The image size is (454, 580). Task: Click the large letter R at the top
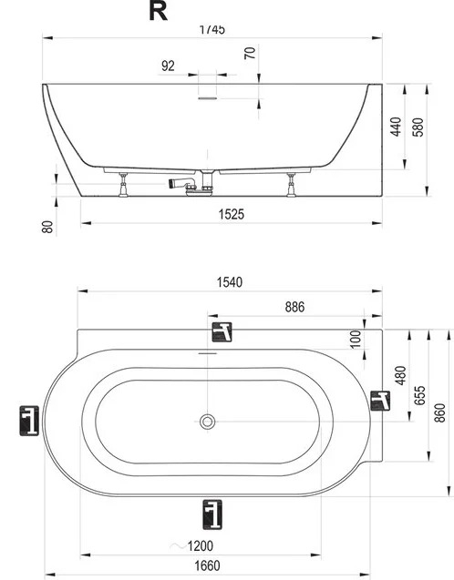pyautogui.click(x=158, y=11)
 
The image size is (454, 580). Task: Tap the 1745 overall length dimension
pyautogui.click(x=212, y=29)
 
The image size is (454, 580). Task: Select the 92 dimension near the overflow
pyautogui.click(x=168, y=66)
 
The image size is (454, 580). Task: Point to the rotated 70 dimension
pyautogui.click(x=251, y=53)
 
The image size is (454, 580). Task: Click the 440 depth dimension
pyautogui.click(x=396, y=127)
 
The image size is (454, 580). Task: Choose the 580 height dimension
pyautogui.click(x=418, y=127)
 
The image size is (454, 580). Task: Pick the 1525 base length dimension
pyautogui.click(x=232, y=214)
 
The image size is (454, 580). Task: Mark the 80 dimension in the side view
pyautogui.click(x=47, y=227)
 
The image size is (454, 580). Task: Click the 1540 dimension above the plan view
pyautogui.click(x=230, y=282)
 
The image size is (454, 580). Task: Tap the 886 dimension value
pyautogui.click(x=294, y=307)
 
